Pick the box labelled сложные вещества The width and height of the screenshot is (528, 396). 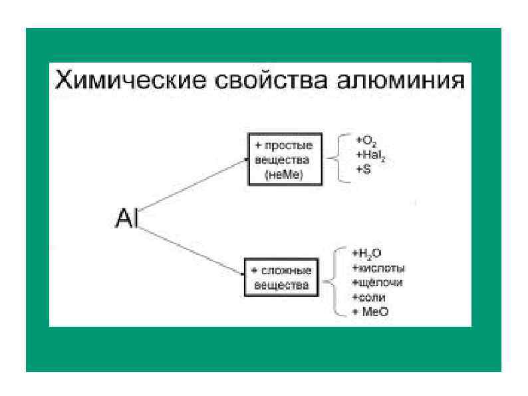281,279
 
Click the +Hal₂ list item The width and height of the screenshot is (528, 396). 370,156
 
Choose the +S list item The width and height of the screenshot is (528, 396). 362,170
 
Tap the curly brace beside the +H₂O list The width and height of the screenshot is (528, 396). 334,282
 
